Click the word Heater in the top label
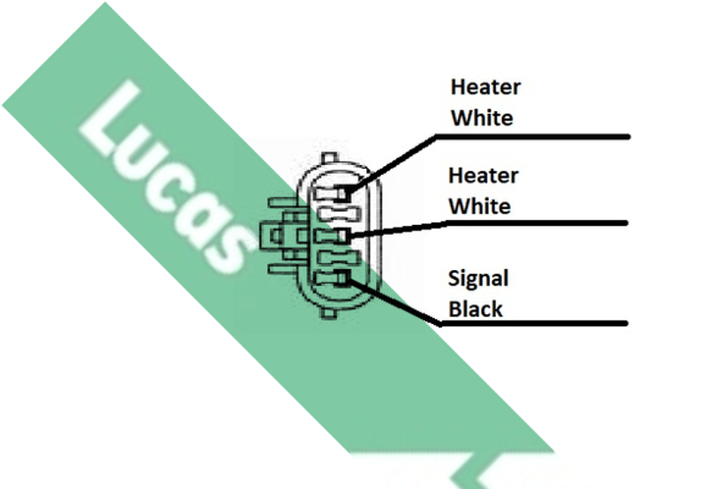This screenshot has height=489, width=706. pos(485,88)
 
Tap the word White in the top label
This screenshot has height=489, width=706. pos(482,118)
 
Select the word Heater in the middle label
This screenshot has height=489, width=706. pos(483,176)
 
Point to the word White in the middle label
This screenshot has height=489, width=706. pos(480,207)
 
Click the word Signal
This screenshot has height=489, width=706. pos(478,279)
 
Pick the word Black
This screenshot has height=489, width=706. pos(476,309)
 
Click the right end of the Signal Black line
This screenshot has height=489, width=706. pos(625,324)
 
